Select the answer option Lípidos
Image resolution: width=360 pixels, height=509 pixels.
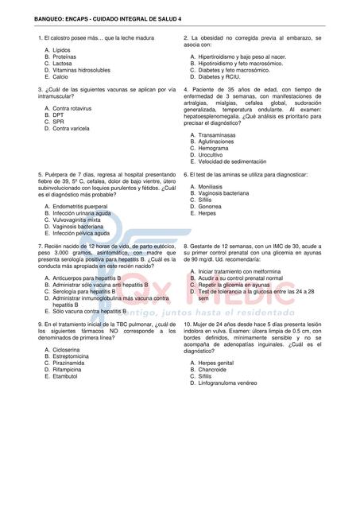click(63, 50)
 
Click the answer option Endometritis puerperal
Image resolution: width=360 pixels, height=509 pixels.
click(84, 206)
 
